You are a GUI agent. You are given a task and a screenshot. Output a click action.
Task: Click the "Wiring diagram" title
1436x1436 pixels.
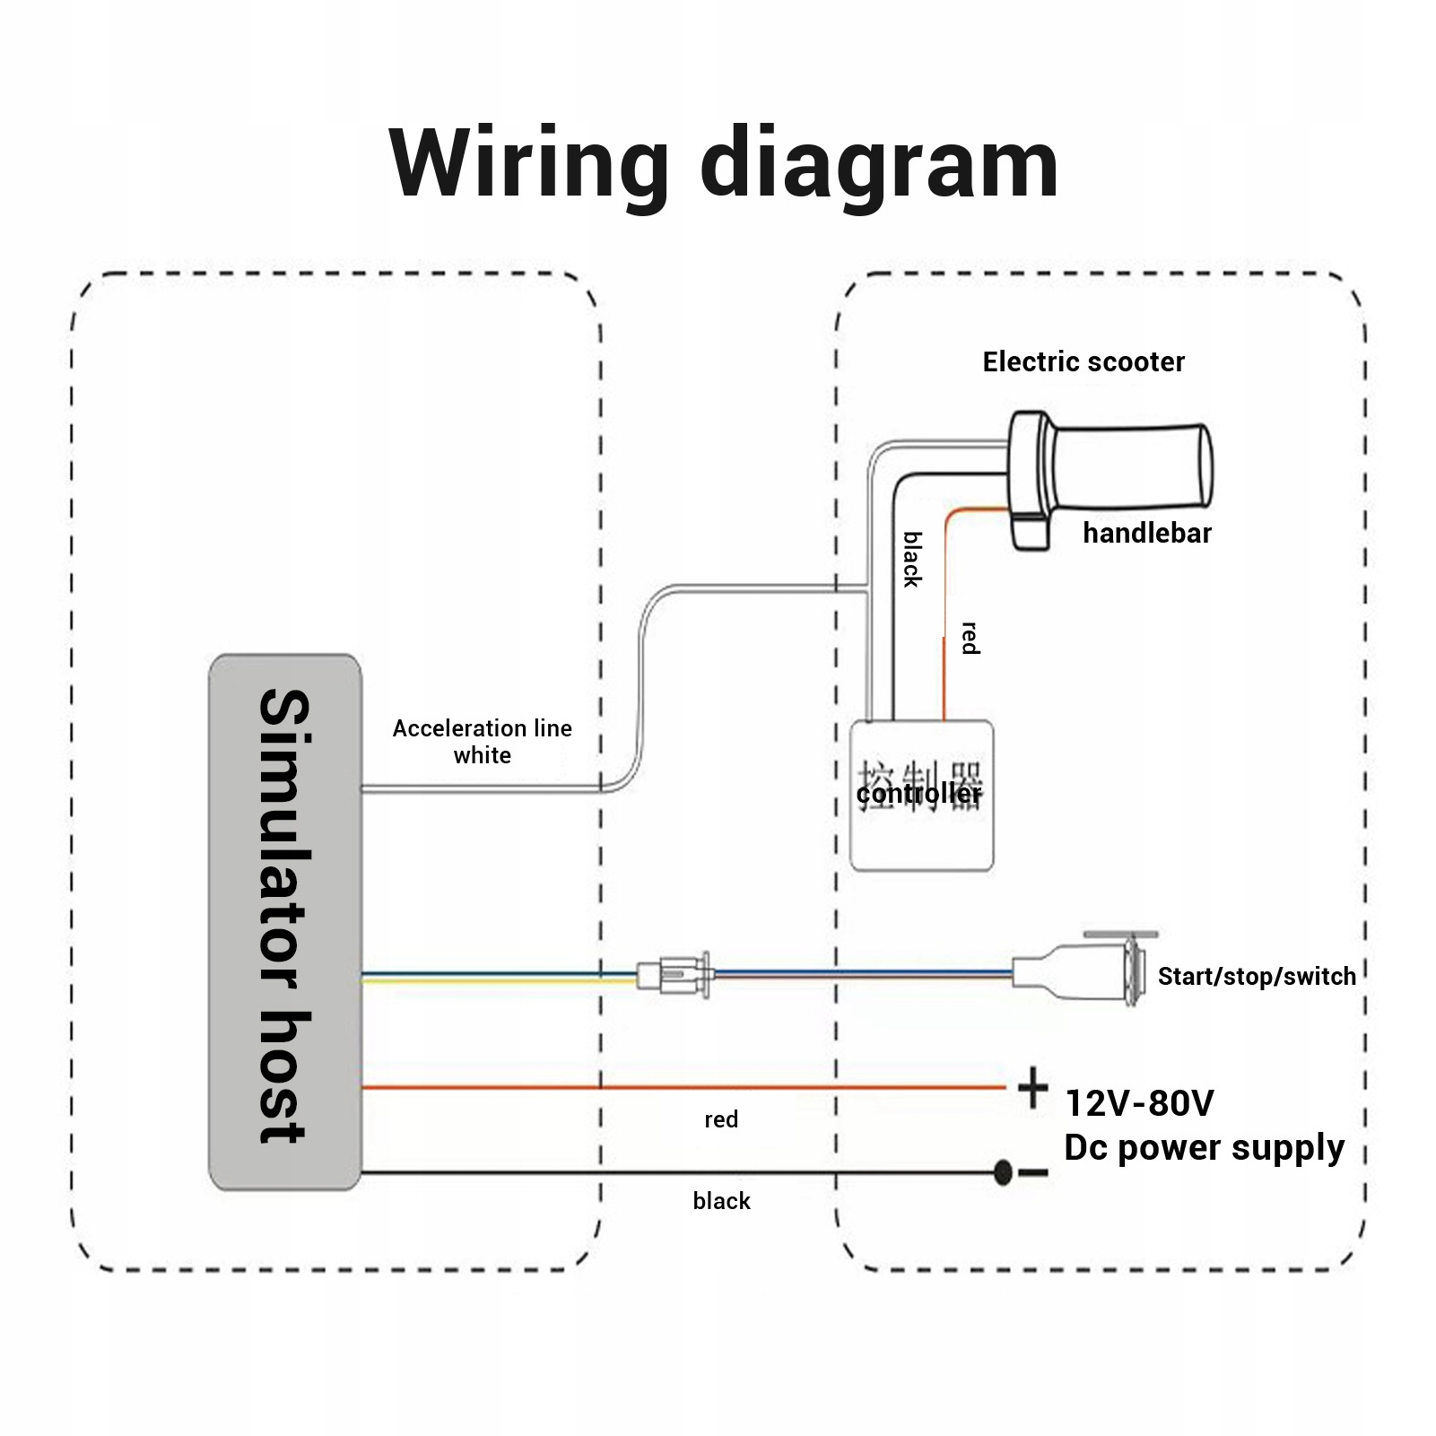(723, 163)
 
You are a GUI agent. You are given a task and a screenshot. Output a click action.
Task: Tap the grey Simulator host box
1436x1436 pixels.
(285, 921)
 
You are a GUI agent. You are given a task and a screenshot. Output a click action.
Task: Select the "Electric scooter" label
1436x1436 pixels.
(1084, 361)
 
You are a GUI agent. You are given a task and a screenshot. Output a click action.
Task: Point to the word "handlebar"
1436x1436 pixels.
(1146, 533)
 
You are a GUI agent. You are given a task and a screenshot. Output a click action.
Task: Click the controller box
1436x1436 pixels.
(921, 834)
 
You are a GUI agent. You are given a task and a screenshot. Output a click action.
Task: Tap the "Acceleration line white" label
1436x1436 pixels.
(483, 741)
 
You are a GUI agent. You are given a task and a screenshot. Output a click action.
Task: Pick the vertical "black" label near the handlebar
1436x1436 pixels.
(912, 559)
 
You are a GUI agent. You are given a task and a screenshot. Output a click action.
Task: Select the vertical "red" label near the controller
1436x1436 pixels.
(970, 638)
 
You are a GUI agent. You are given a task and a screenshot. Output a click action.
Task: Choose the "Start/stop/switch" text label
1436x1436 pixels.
(1257, 976)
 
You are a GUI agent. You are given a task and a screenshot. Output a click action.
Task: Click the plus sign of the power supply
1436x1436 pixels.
(1033, 1088)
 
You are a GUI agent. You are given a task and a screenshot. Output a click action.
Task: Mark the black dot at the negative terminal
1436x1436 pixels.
(1004, 1172)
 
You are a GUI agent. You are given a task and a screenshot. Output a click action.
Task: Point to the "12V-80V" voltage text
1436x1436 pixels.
(1139, 1103)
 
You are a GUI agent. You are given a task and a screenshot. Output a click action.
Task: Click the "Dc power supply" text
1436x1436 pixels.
(1204, 1147)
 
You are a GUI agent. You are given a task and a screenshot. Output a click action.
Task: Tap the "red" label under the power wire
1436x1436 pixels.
(721, 1119)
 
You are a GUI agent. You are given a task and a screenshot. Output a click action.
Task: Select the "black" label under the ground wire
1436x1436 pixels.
(721, 1201)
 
